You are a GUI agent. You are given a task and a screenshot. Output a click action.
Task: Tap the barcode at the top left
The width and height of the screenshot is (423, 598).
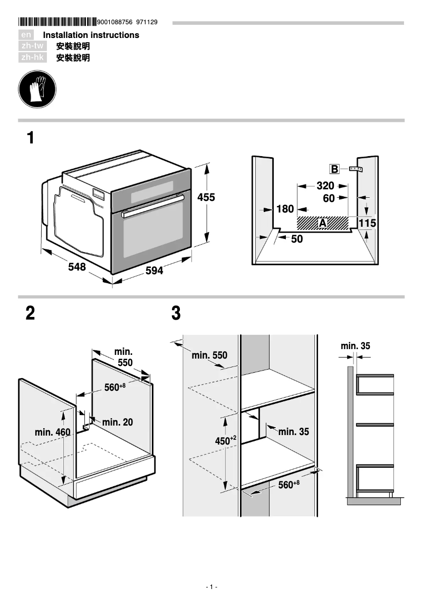57,22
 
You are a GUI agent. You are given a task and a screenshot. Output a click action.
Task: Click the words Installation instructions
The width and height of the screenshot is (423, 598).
91,35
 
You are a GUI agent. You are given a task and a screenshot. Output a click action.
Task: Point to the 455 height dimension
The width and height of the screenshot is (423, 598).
206,198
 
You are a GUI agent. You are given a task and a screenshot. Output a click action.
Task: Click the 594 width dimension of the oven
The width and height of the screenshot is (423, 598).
154,271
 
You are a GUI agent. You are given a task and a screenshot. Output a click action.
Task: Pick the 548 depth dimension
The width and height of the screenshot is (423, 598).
77,267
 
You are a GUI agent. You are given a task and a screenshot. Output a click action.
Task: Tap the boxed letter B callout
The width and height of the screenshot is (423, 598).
334,169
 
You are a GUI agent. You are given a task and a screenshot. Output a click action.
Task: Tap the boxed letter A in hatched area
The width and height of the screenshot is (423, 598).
323,224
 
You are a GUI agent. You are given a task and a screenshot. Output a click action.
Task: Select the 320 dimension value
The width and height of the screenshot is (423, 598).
325,186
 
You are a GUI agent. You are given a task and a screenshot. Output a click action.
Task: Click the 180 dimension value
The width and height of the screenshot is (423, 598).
285,209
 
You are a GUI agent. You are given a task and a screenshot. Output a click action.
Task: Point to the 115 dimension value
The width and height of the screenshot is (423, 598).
367,224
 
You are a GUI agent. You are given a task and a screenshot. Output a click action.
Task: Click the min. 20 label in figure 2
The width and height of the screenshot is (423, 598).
117,422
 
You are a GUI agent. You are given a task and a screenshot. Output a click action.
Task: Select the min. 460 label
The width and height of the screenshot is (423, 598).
52,432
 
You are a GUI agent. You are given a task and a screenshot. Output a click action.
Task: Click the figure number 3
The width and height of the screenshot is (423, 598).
176,314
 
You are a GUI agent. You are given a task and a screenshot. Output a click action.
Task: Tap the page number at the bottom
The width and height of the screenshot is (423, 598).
211,587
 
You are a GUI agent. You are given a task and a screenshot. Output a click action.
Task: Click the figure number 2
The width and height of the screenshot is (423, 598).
31,314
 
